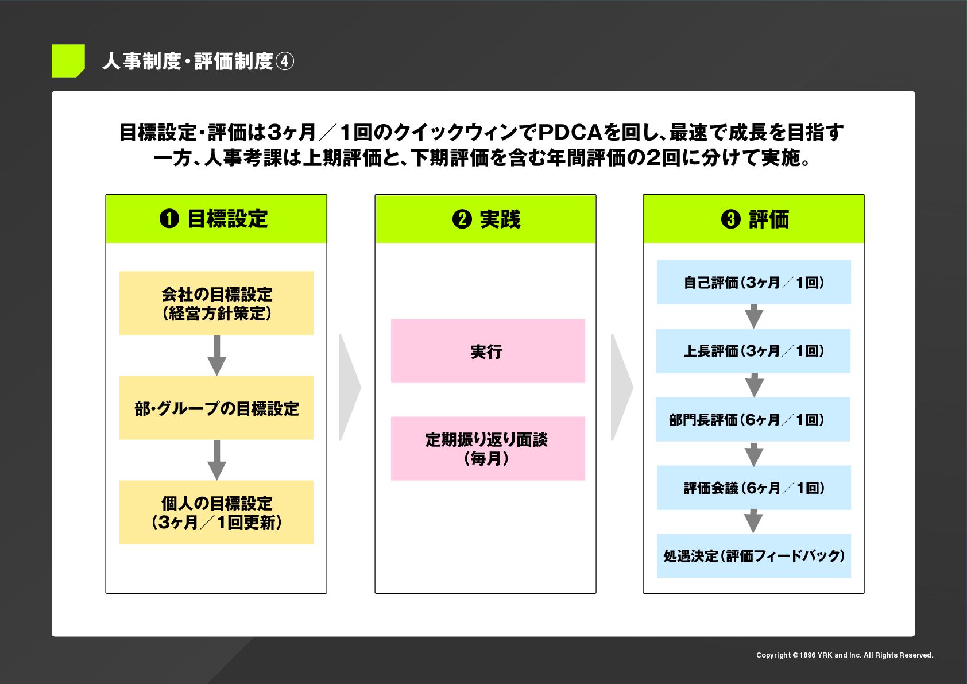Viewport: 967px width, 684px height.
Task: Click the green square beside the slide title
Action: pos(68,60)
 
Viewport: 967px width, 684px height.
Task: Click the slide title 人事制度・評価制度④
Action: pos(198,61)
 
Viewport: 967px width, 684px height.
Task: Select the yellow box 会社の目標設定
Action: pos(216,303)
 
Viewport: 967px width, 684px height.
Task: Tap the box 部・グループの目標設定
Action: pos(216,408)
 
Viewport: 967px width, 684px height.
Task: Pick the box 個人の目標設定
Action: pos(216,512)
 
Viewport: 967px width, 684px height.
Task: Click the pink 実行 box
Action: pos(488,351)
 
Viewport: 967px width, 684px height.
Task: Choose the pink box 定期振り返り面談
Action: pos(488,449)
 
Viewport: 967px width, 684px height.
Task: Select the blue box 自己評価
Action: pos(753,282)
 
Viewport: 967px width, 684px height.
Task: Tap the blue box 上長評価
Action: pos(753,351)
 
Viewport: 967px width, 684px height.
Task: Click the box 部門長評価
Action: pos(753,419)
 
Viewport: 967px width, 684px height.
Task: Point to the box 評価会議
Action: pos(753,488)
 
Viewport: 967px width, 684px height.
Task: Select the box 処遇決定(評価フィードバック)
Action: pos(753,556)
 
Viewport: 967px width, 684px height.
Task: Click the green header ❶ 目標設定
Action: pos(216,219)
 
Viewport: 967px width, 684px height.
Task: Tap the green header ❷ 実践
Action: pos(485,219)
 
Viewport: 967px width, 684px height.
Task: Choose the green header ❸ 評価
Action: pos(753,219)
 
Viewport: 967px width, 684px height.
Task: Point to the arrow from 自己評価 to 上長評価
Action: pos(754,316)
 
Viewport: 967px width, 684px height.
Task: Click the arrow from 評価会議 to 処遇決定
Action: pos(753,521)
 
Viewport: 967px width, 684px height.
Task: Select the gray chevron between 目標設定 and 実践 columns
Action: pos(349,387)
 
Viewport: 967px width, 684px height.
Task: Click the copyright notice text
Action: pos(844,655)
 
